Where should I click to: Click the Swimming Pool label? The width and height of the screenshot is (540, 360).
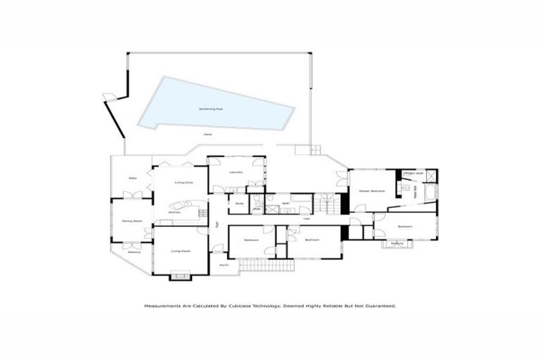pyautogui.click(x=210, y=109)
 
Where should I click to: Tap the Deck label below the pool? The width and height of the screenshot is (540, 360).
pyautogui.click(x=207, y=134)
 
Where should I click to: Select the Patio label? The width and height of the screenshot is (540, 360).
pyautogui.click(x=131, y=179)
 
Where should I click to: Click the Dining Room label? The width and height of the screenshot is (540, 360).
pyautogui.click(x=131, y=221)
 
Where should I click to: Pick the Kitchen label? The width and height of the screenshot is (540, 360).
pyautogui.click(x=174, y=212)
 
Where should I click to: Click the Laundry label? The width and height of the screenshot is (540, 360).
pyautogui.click(x=236, y=172)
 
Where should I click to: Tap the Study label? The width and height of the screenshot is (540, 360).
pyautogui.click(x=239, y=204)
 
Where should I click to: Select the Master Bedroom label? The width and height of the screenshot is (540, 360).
pyautogui.click(x=371, y=191)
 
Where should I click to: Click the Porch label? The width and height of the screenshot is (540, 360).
pyautogui.click(x=224, y=265)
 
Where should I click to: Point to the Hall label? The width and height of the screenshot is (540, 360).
pyautogui.click(x=307, y=219)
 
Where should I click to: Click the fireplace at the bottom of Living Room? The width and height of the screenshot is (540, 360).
pyautogui.click(x=181, y=276)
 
